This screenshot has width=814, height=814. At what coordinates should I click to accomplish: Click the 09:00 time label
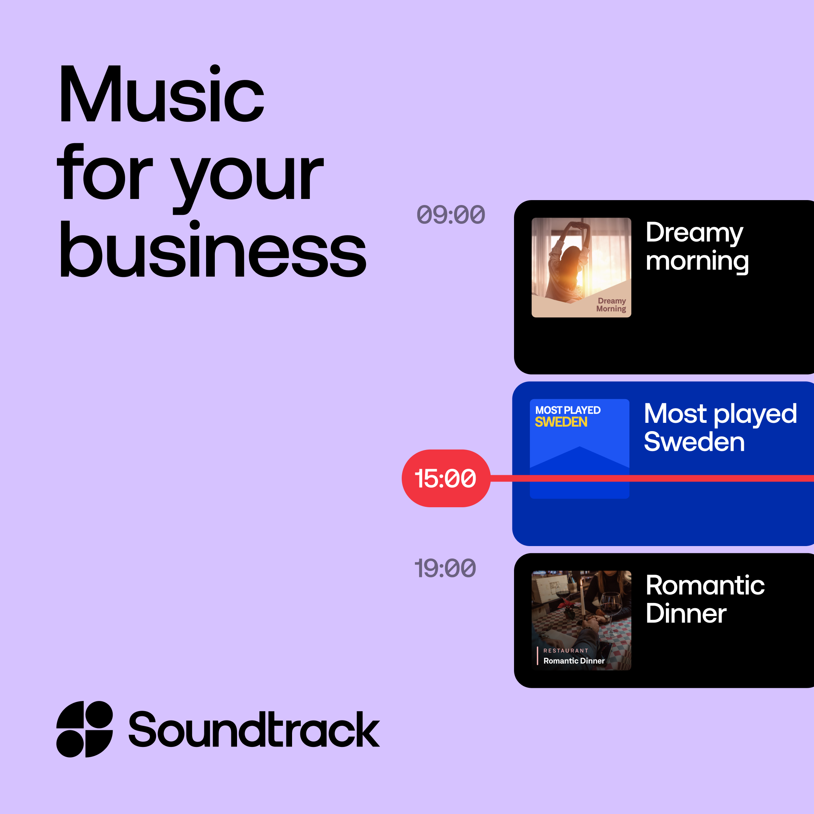(451, 214)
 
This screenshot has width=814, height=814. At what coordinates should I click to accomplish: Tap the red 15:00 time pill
(446, 478)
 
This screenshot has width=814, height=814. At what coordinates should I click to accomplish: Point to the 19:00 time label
(445, 568)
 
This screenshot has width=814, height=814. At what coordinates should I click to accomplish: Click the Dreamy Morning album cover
(581, 268)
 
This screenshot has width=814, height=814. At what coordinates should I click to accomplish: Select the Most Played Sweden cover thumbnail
(580, 449)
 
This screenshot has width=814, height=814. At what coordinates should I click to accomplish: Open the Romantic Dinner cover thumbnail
(581, 620)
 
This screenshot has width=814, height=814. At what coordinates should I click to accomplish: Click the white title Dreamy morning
(697, 247)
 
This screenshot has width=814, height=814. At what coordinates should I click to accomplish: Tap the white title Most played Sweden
(721, 427)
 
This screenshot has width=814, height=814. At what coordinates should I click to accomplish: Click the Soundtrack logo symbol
(85, 729)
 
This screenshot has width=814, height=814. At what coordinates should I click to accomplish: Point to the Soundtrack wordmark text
(254, 729)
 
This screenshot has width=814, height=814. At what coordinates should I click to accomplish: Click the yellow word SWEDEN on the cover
(561, 422)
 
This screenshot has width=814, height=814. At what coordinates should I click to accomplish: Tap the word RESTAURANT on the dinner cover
(566, 650)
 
